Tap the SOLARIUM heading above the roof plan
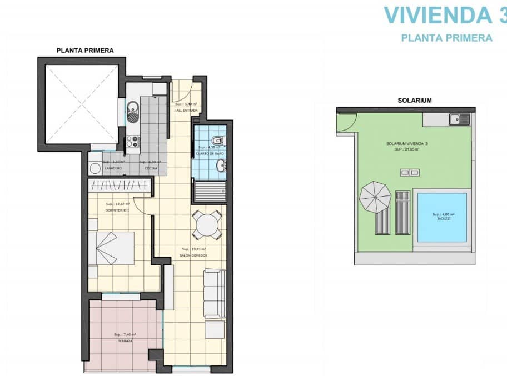[414, 101]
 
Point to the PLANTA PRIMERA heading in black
[85, 50]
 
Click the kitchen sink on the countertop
[132, 111]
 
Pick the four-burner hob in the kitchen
[132, 142]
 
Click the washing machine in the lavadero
[95, 167]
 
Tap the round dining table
[207, 224]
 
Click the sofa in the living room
[215, 294]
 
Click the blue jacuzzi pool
[442, 217]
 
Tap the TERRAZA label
[125, 341]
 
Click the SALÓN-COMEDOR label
[195, 255]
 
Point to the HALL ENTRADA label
[186, 111]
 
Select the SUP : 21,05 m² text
[403, 149]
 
